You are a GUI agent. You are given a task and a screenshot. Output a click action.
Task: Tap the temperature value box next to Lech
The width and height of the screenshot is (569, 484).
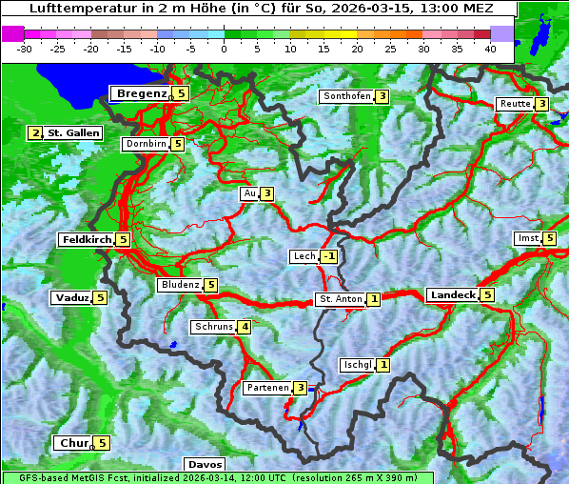(329, 256)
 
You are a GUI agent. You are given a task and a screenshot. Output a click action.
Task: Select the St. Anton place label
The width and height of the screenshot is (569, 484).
(341, 299)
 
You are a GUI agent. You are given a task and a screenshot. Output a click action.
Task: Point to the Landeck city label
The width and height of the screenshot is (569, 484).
(452, 295)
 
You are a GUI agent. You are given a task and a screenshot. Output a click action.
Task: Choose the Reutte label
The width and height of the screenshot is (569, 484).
(514, 104)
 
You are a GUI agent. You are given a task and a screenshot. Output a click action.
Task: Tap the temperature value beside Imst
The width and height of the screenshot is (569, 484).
(550, 238)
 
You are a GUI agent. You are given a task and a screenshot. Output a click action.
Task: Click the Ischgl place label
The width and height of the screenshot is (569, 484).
(356, 365)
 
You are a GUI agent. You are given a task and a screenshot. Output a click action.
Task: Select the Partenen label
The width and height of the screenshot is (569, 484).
(266, 388)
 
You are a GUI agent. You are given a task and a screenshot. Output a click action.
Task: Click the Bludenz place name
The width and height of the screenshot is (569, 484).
(180, 285)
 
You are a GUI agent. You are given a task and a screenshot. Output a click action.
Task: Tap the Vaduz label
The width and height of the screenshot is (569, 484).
(72, 298)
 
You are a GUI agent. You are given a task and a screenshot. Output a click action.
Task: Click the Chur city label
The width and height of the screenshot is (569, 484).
(73, 443)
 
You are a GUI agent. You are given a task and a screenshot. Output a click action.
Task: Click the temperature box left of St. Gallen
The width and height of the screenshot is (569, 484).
(36, 133)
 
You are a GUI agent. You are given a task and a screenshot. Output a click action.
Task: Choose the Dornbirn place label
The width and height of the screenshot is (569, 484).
(146, 144)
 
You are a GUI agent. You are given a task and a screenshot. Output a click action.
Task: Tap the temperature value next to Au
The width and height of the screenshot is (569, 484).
(267, 194)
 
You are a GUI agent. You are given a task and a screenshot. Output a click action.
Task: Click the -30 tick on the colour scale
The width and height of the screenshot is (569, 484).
(25, 48)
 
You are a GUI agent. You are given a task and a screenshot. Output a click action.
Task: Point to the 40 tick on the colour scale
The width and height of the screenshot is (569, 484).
(490, 48)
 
